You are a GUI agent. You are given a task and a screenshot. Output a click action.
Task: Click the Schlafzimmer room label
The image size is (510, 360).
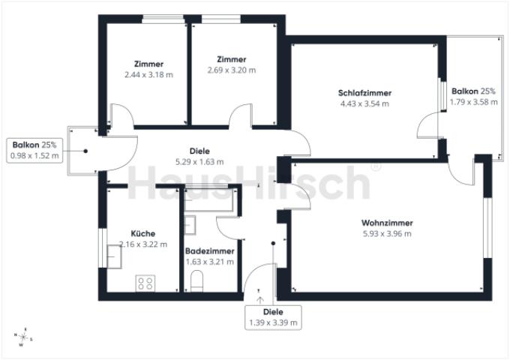pyautogui.click(x=364, y=93)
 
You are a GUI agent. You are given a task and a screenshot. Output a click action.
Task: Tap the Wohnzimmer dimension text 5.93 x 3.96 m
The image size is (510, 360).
pyautogui.click(x=387, y=234)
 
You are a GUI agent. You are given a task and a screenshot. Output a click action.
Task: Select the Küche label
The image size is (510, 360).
pyautogui.click(x=142, y=233)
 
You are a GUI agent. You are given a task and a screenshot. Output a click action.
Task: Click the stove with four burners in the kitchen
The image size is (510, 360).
pyautogui.click(x=145, y=283)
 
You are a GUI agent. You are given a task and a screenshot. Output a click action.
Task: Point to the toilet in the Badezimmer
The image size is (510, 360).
pyautogui.click(x=196, y=282)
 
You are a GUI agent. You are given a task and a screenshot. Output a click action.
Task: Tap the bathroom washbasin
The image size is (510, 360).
pyautogui.click(x=190, y=225)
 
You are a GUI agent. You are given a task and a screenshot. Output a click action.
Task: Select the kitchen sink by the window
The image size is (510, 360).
pyautogui.click(x=114, y=256)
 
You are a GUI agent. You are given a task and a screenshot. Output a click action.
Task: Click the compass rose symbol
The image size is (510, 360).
pyautogui.click(x=22, y=337)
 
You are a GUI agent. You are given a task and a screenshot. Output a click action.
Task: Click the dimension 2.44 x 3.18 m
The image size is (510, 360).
pyautogui.click(x=148, y=75)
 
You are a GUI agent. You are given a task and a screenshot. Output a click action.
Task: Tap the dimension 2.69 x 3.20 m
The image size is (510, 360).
pyautogui.click(x=232, y=70)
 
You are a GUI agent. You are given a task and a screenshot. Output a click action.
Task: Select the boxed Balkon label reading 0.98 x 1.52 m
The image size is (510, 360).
pyautogui.click(x=34, y=150)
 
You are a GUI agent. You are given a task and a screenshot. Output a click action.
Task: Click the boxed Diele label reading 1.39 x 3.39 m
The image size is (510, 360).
pyautogui.click(x=273, y=318)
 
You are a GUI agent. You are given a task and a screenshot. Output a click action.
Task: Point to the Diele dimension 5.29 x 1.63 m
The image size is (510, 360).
pyautogui.click(x=199, y=162)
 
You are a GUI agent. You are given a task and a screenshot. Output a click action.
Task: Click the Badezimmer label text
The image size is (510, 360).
pyautogui.click(x=210, y=251)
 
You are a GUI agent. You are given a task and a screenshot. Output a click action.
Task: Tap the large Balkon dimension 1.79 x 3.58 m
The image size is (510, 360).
pyautogui.click(x=473, y=102)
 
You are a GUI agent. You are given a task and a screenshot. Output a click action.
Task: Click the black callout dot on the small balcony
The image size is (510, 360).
pyautogui.click(x=85, y=151)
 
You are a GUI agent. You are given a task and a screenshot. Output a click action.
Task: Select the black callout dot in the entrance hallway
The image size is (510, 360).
pyautogui.click(x=273, y=243)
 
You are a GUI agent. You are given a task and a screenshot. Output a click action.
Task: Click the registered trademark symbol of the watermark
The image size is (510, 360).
pyautogui.click(x=376, y=166)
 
